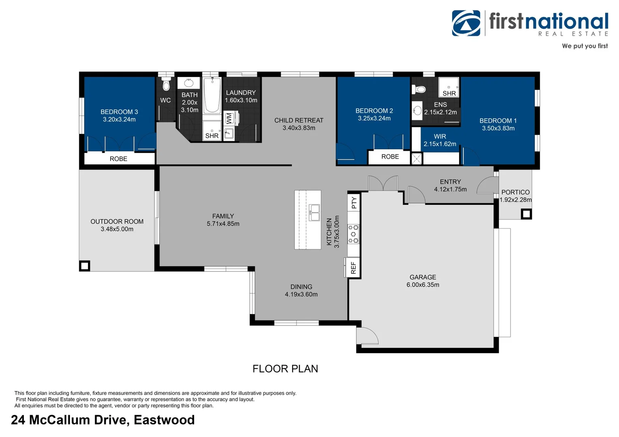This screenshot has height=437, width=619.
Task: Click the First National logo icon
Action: click(466, 23)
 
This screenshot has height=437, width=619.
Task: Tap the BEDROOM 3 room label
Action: click(119, 112)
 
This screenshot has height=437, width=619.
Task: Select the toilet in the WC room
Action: click(166, 85)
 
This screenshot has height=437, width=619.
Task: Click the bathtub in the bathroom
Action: click(212, 95)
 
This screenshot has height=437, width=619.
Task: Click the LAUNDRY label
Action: click(241, 93)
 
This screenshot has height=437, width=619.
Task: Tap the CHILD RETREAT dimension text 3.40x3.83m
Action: click(299, 128)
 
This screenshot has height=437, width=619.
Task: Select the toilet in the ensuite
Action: click(419, 89)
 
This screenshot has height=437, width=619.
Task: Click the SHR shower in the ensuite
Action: click(449, 87)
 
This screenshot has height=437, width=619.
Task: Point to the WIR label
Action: click(440, 136)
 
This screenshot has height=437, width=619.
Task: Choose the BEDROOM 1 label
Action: click(498, 121)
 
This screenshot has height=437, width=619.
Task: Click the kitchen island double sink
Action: click(314, 212)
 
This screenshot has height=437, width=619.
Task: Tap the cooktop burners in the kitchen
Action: click(353, 234)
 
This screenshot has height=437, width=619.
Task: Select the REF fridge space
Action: click(352, 267)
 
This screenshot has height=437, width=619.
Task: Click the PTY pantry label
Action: click(354, 203)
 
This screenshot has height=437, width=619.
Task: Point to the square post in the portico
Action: click(526, 214)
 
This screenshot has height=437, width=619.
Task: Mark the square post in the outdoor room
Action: click(85, 266)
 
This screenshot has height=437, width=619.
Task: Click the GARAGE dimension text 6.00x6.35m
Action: click(423, 284)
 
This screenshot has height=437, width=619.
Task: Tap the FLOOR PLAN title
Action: click(285, 369)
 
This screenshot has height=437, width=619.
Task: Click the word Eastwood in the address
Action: click(164, 420)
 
